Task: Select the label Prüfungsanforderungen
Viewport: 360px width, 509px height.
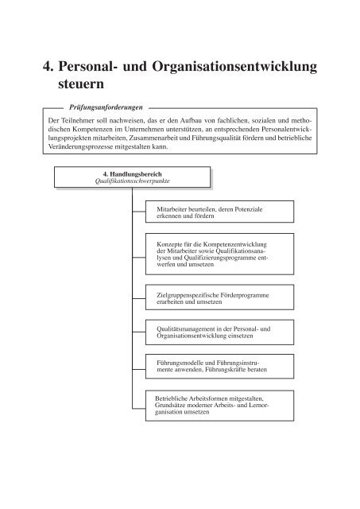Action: click(x=103, y=104)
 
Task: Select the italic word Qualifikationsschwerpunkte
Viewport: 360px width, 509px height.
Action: click(x=133, y=183)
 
